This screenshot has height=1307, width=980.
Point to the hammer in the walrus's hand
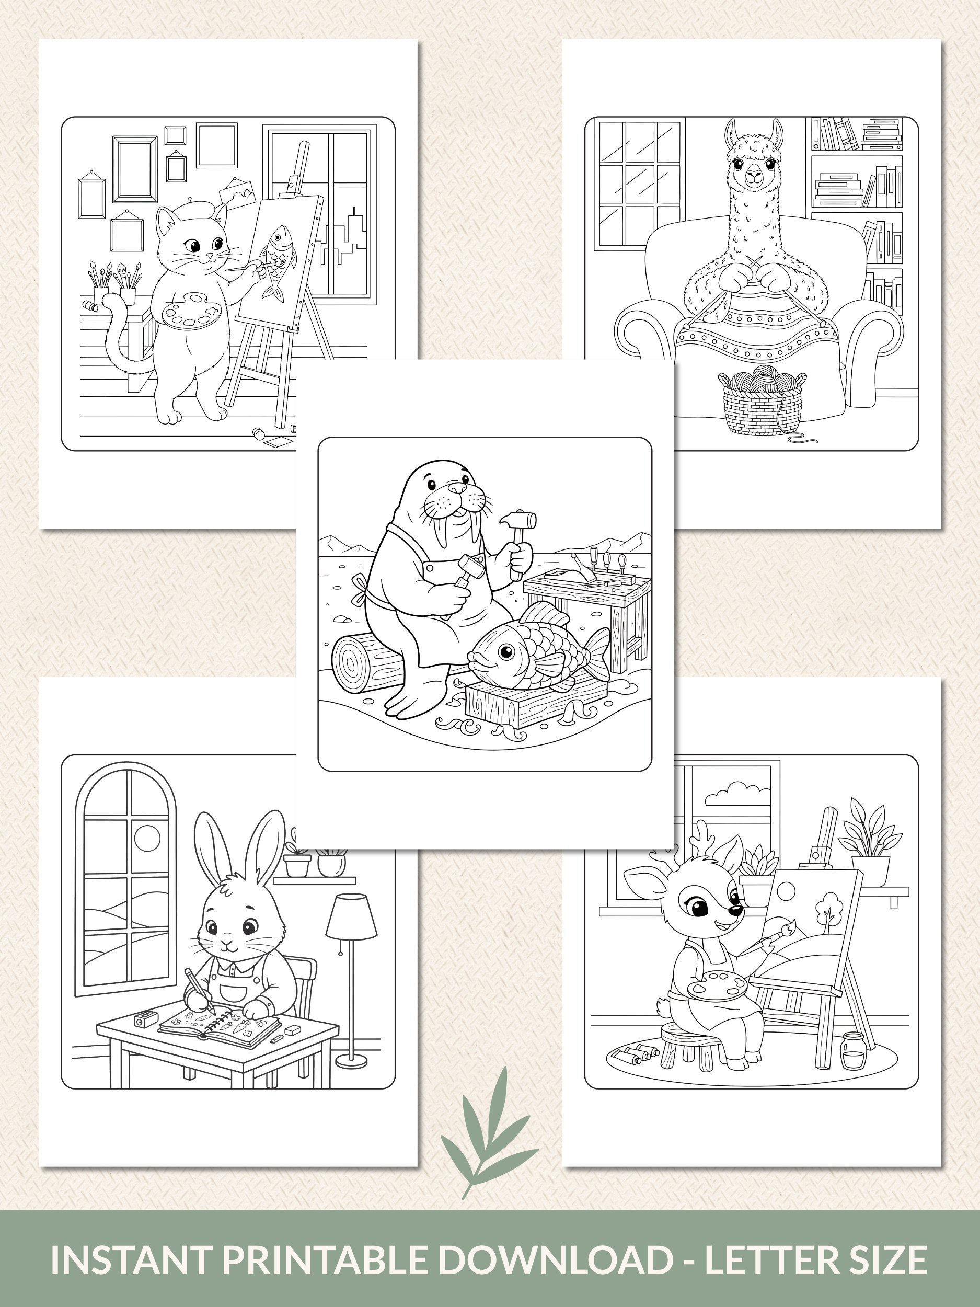[x=520, y=537]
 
